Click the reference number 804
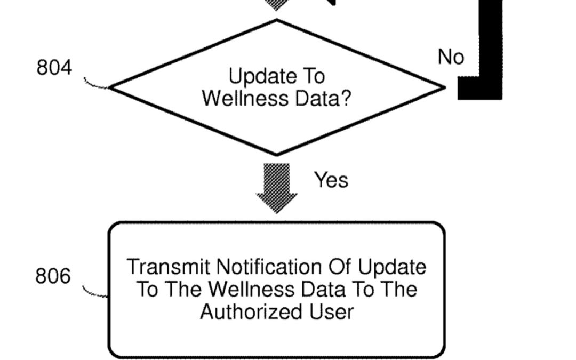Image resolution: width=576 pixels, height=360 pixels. point(54,68)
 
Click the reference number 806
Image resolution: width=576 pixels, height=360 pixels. point(53,276)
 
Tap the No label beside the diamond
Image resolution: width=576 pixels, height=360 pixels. point(451,57)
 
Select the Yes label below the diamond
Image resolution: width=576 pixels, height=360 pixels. point(331,180)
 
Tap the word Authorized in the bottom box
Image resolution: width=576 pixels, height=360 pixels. point(250,311)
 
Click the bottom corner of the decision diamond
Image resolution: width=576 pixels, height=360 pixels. point(277,154)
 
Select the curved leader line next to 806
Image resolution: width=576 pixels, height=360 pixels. point(95,292)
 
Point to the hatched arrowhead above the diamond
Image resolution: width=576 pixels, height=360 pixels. point(276,5)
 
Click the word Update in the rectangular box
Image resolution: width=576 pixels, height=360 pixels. point(393,266)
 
